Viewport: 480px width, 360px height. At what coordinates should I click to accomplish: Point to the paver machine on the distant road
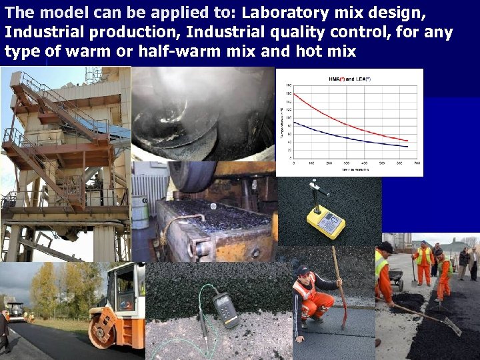[x=15, y=311]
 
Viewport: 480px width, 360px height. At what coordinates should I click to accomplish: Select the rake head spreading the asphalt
[x=451, y=327]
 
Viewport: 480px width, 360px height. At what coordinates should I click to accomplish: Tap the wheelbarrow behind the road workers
[x=396, y=279]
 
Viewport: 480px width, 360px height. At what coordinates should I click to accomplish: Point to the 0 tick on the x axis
[x=294, y=163]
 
